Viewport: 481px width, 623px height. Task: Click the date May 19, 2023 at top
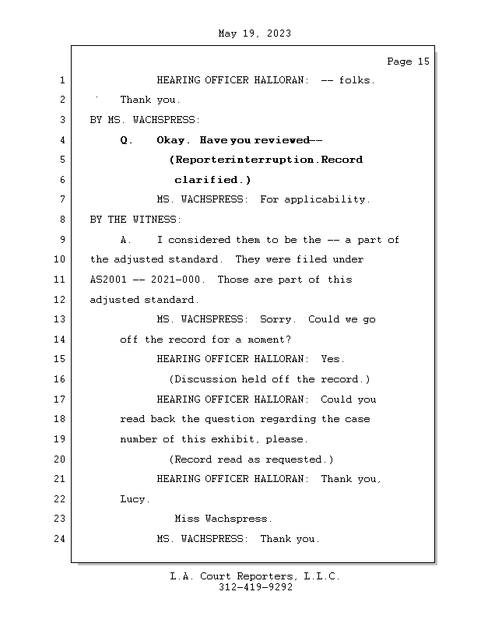[255, 33]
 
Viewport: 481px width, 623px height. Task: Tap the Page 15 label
[408, 62]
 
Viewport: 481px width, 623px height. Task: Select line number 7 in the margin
[61, 199]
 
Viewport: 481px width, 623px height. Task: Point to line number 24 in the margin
[61, 539]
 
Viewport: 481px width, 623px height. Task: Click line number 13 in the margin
[61, 319]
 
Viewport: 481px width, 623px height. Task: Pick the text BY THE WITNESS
[136, 220]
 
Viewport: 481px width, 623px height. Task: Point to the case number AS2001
[108, 280]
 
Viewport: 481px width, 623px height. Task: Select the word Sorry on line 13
[277, 319]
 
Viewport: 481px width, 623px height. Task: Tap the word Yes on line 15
[332, 359]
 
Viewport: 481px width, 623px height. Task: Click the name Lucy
[134, 499]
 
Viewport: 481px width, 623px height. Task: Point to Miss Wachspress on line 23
[223, 519]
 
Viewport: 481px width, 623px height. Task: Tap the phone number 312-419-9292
[255, 588]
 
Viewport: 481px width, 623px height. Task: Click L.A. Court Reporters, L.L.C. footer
[255, 576]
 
